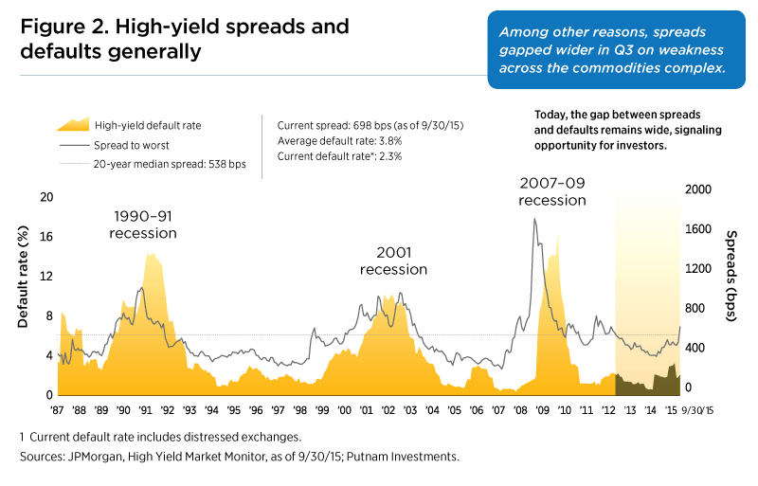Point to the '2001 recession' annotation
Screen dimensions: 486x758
(x=393, y=261)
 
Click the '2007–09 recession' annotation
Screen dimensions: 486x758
(x=552, y=190)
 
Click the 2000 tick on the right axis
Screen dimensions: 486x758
(x=696, y=189)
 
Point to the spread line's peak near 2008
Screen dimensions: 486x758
(x=534, y=219)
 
